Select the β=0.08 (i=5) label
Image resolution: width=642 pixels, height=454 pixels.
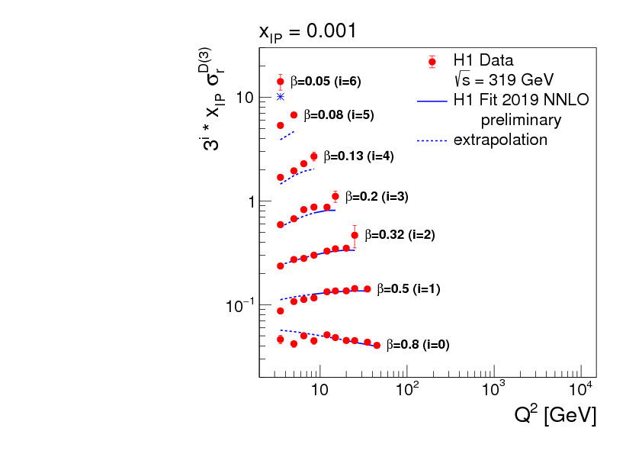click(x=339, y=116)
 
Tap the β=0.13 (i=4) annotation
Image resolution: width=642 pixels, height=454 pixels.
click(x=358, y=156)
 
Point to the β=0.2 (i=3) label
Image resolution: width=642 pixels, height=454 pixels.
click(x=377, y=196)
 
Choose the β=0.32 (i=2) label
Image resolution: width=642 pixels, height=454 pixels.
click(x=400, y=235)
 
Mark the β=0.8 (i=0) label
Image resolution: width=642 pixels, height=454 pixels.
click(x=417, y=345)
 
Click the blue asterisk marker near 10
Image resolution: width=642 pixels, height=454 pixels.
click(x=281, y=97)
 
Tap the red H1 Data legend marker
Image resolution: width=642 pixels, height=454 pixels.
click(x=432, y=61)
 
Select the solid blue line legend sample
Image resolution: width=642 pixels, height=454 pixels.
click(x=432, y=100)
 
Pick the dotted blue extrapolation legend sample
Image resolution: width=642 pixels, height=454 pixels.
click(x=432, y=140)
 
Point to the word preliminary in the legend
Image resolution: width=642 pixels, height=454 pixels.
click(x=521, y=120)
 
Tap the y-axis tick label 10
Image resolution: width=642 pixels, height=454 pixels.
click(x=244, y=98)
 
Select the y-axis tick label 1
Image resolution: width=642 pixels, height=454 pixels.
click(x=249, y=201)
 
